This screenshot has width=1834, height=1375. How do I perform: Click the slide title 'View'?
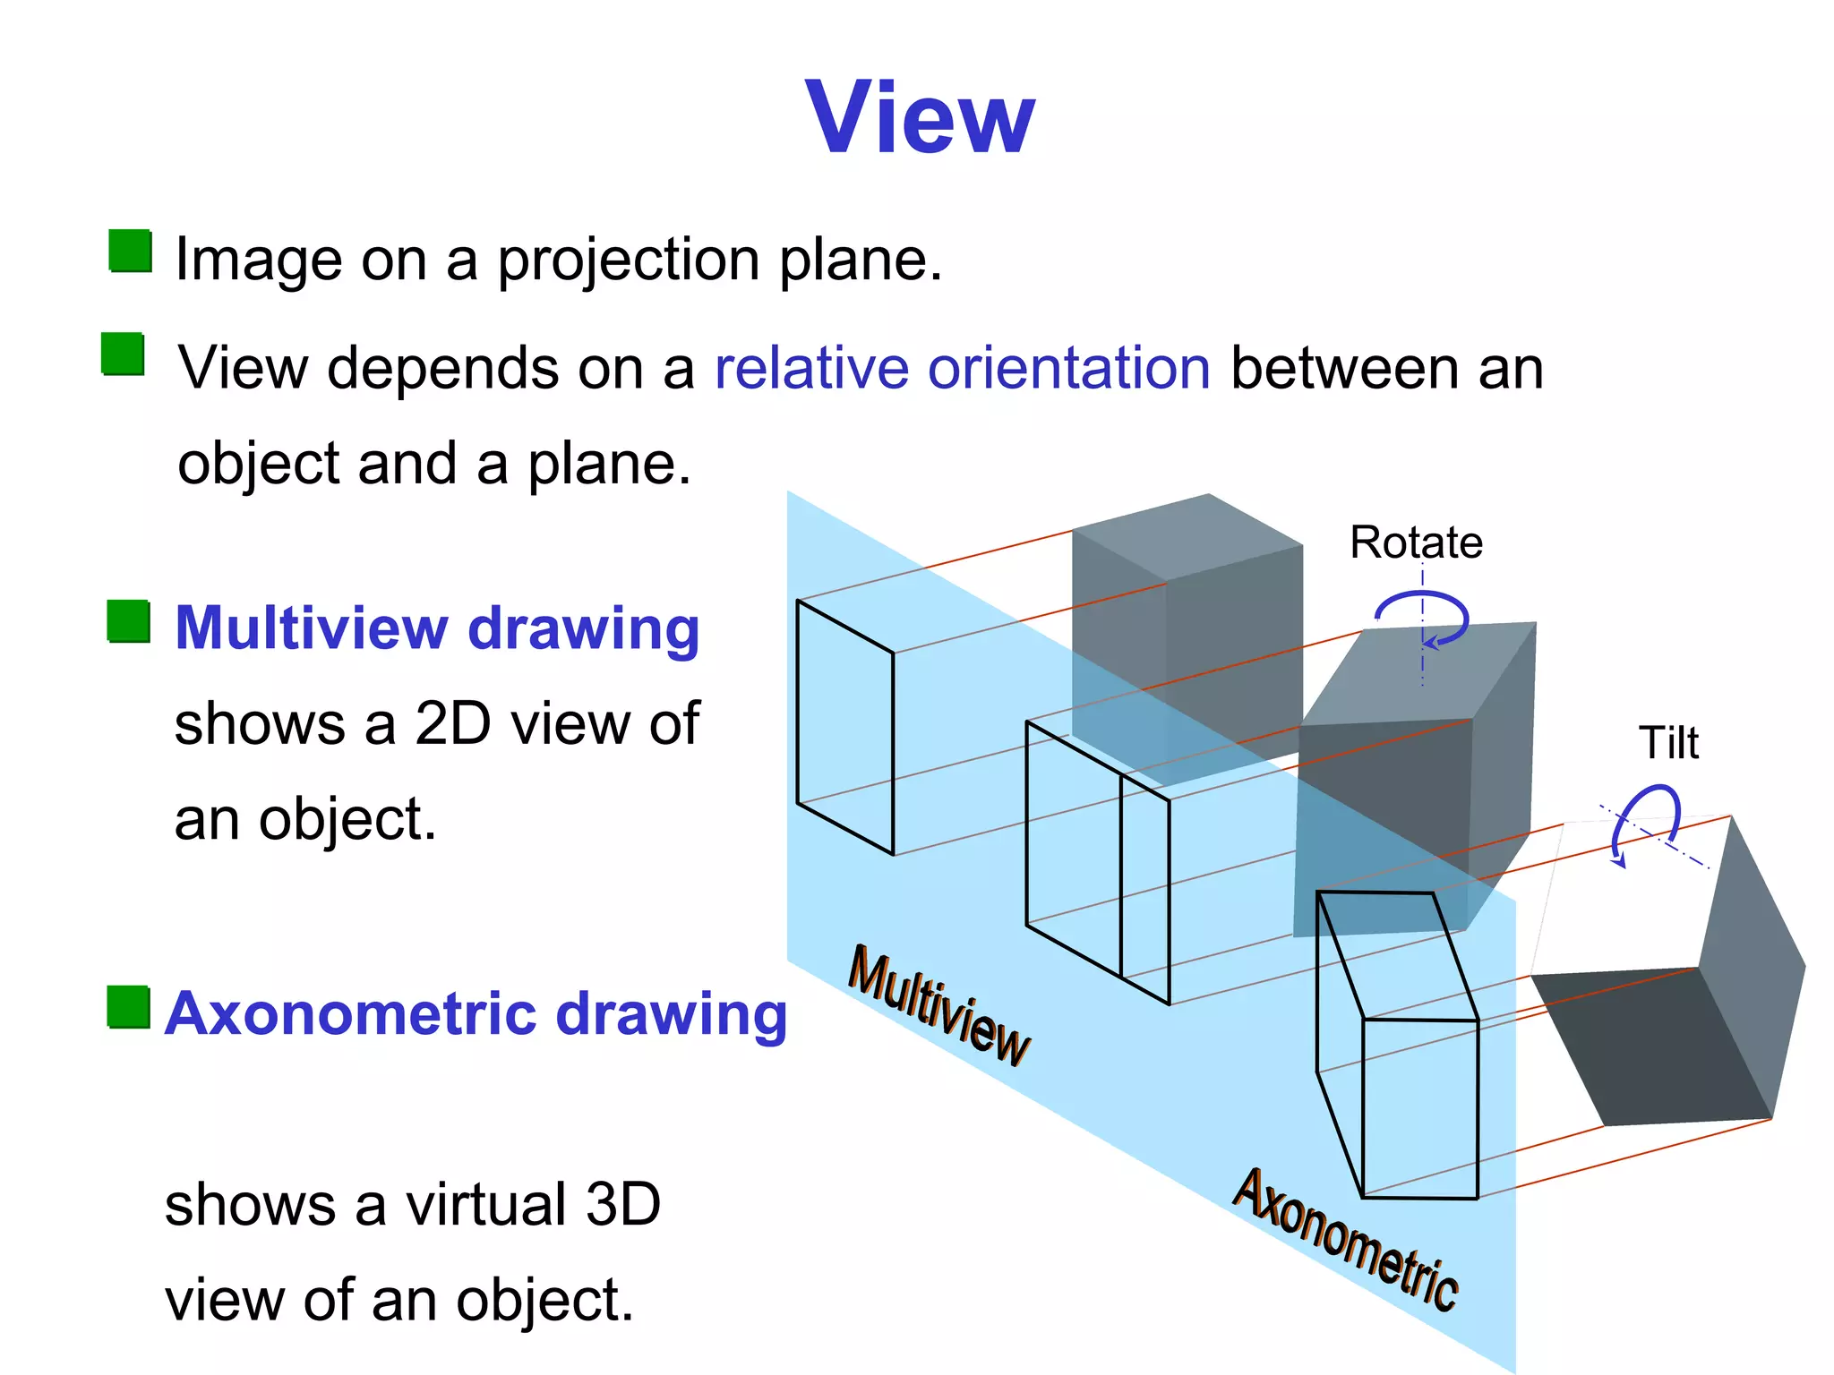tap(920, 118)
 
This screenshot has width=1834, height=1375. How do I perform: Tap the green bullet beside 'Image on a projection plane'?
tap(130, 251)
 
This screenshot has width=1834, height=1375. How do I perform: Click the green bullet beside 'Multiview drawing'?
tap(128, 620)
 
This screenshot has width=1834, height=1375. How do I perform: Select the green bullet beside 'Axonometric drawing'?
tap(128, 1007)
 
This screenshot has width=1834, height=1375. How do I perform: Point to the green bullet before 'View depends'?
tap(123, 354)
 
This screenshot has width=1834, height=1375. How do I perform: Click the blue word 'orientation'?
tap(1069, 368)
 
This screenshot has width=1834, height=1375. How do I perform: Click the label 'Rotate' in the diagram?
tap(1416, 542)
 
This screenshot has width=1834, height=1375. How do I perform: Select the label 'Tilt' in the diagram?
tap(1667, 743)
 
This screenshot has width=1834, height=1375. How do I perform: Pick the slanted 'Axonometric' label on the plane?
tap(1346, 1239)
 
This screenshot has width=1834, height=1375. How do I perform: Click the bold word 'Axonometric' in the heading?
tap(351, 1014)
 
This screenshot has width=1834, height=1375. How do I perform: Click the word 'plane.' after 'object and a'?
tap(609, 464)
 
